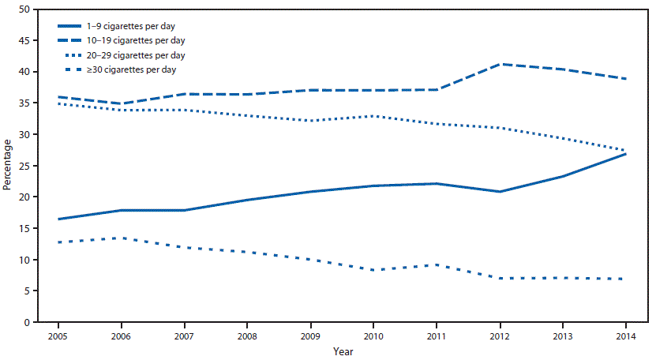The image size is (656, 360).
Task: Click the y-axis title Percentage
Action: [7, 166]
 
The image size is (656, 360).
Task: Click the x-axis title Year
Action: [343, 351]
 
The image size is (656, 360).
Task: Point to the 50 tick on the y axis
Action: [26, 9]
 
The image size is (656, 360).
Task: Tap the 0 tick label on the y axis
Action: [28, 323]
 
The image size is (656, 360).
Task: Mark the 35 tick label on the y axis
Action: [26, 103]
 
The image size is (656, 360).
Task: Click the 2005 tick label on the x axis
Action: [58, 335]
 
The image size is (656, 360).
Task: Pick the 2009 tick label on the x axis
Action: [311, 335]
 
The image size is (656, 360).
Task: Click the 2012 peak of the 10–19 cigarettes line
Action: [500, 64]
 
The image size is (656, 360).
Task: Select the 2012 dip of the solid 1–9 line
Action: [500, 192]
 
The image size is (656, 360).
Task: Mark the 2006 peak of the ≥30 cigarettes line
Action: [122, 238]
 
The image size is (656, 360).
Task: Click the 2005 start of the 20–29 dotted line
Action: [58, 103]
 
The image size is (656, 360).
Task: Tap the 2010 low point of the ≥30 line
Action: [374, 270]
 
